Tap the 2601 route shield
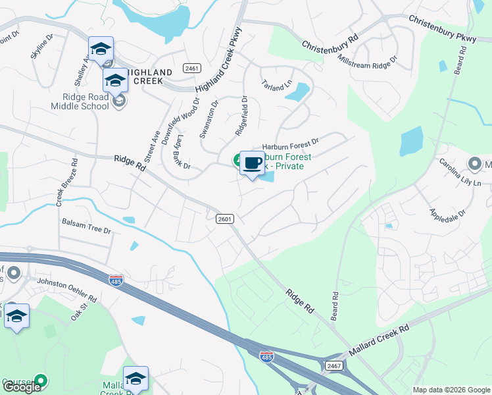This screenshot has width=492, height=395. click(224, 219)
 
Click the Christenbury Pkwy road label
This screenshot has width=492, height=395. click(442, 29)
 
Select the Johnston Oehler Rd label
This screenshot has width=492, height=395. click(66, 290)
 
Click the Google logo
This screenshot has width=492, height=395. click(21, 387)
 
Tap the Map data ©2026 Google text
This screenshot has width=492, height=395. click(451, 390)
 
